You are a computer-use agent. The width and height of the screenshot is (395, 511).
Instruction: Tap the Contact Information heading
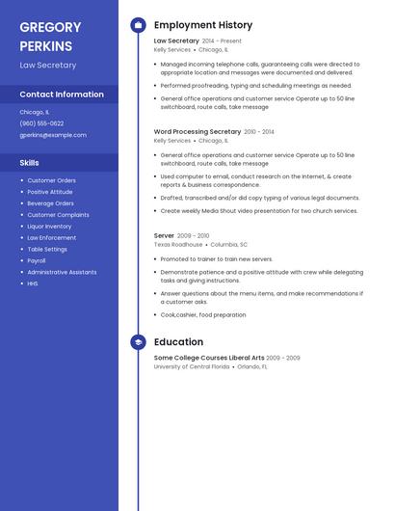[x=62, y=94]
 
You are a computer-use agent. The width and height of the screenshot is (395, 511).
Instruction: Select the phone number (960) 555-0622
[x=41, y=123]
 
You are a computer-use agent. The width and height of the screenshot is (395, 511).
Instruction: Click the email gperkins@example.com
[x=53, y=135]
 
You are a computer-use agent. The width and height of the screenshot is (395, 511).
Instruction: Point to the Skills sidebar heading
[x=29, y=163]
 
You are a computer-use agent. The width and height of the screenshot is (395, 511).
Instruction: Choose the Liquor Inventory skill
[x=49, y=227]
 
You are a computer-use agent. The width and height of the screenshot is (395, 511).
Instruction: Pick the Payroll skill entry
[x=37, y=260]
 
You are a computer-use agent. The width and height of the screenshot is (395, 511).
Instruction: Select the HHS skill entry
[x=33, y=283]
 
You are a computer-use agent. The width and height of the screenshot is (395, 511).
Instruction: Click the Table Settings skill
[x=47, y=249]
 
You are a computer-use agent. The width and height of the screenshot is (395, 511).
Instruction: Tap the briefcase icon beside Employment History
[x=138, y=25]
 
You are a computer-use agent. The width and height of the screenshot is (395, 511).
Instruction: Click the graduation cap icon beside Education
[x=138, y=341]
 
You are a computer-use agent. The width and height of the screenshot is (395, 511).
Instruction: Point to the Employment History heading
[x=203, y=25]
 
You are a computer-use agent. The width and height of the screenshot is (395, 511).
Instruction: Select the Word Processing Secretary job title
[x=197, y=131]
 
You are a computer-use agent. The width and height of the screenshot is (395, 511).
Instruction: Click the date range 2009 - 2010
[x=193, y=235]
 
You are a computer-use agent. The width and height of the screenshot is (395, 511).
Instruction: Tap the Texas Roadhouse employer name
[x=178, y=245]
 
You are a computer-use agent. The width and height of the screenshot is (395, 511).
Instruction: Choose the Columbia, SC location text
[x=229, y=245]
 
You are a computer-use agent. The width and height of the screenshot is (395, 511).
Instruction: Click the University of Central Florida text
[x=192, y=366]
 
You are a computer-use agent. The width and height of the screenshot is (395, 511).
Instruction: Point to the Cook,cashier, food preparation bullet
[x=203, y=315]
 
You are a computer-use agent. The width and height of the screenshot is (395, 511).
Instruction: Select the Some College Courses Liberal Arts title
[x=208, y=358]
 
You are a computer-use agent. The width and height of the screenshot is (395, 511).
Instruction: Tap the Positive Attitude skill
[x=50, y=192]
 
